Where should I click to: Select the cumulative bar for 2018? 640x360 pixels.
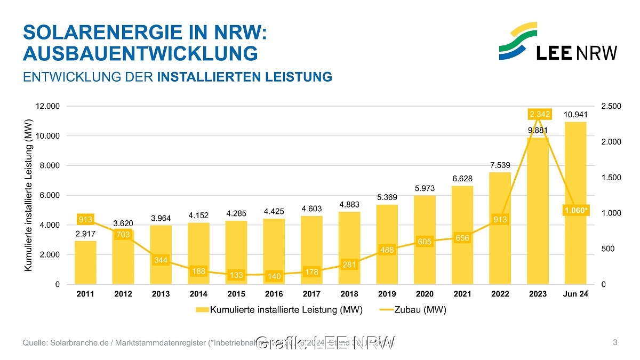[x=349, y=247]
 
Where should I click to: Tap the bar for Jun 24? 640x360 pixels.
[x=575, y=203]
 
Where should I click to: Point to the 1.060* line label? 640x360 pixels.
[x=577, y=211]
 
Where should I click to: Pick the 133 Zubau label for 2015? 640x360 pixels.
[x=236, y=275]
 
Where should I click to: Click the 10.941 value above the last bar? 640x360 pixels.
[x=575, y=115]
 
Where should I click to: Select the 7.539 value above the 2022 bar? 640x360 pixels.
[x=500, y=165]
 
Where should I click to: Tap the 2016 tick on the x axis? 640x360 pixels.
[x=274, y=294]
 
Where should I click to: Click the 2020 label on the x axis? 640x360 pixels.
[x=425, y=294]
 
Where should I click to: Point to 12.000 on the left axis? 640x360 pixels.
[x=47, y=107]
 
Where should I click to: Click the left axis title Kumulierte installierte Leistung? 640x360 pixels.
[x=29, y=195]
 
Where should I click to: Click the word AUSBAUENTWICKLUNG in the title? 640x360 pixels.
[x=140, y=53]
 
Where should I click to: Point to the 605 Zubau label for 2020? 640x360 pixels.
[x=425, y=242]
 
